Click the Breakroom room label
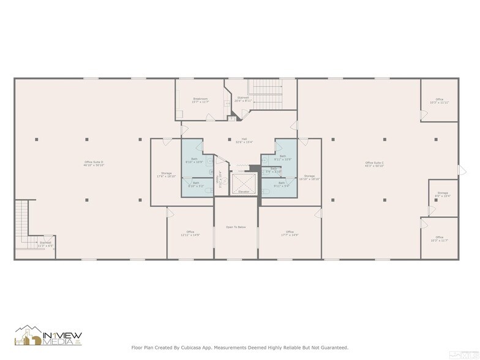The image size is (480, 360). (201, 100)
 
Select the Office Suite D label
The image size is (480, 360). (94, 163)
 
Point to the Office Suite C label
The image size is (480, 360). (374, 163)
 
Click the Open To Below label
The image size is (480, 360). (236, 227)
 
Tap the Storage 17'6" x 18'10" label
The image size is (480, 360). (166, 174)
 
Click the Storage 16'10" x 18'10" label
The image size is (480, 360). (309, 177)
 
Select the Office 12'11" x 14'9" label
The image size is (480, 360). (190, 233)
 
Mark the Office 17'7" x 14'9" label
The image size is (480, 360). (290, 233)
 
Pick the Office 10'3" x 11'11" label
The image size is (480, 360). (439, 100)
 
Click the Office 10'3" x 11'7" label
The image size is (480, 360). (439, 238)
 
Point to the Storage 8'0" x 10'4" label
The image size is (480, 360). (442, 194)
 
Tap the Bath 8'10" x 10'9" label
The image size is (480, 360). (194, 160)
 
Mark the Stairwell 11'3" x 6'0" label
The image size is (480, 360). (45, 244)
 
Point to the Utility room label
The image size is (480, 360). (220, 179)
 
